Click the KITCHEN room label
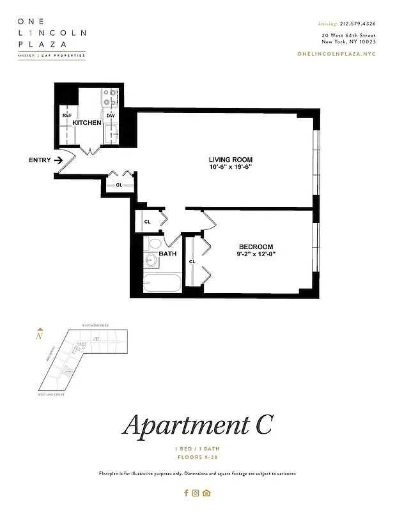coord(87,122)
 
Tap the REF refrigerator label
coord(66,115)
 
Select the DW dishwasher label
coord(111,115)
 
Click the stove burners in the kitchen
coord(111,96)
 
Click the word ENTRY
coord(40,160)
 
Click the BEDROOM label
coord(256,247)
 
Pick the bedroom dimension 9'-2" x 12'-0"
coord(256,254)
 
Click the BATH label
coord(167,254)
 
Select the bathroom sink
coord(151,260)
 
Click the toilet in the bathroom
coord(154,243)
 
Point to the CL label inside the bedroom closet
coord(192,261)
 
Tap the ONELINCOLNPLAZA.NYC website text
coord(336,54)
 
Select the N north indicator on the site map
coord(39,335)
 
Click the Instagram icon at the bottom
coord(196,492)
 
